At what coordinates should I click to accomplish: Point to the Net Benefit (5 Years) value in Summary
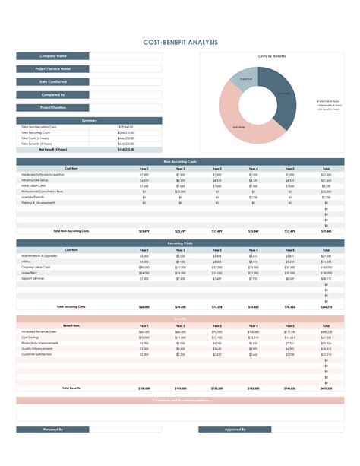pos(125,149)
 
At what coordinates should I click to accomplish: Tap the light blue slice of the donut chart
pos(248,76)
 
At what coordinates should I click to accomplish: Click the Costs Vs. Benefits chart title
pos(272,56)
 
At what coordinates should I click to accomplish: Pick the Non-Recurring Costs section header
pos(180,162)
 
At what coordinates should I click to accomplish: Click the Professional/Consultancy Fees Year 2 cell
pos(180,192)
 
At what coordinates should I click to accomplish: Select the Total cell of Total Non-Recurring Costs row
pos(325,230)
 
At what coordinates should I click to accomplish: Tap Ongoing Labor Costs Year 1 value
pos(144,267)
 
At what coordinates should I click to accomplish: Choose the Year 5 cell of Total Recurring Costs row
pos(289,306)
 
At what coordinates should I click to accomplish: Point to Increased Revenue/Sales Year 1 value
pos(144,332)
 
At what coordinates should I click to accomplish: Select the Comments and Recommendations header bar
pos(180,400)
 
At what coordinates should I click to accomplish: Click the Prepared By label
pos(53,430)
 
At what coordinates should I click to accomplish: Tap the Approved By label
pos(235,430)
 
